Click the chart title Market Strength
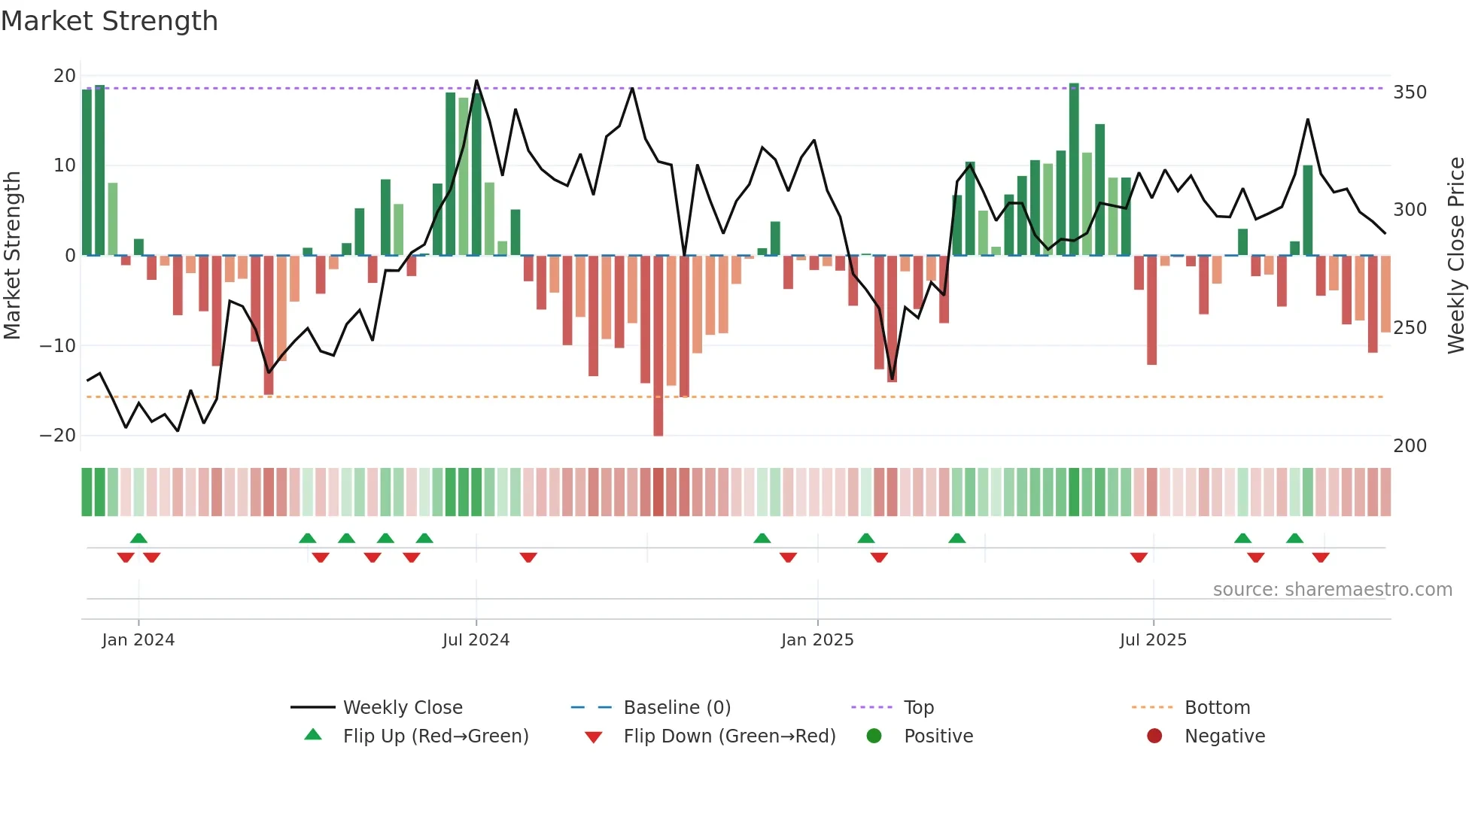(110, 21)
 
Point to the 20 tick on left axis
(65, 75)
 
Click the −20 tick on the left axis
(58, 436)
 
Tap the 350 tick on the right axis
(1410, 93)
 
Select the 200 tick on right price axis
(1410, 446)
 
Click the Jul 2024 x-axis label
(476, 640)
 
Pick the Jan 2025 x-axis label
(817, 640)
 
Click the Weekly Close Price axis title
(1457, 256)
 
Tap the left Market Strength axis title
(12, 256)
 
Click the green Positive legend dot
(874, 736)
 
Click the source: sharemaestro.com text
(1332, 590)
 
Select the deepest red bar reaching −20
(658, 346)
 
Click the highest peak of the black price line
(476, 80)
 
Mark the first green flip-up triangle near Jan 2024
(138, 538)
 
